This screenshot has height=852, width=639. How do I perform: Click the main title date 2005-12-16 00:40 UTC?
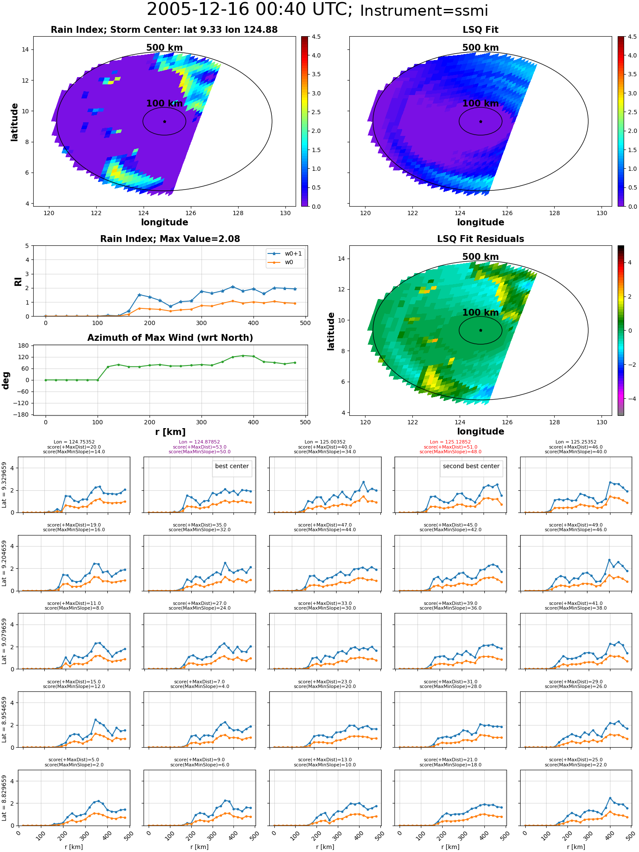tap(249, 9)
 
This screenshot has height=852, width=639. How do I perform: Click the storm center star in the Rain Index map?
tap(164, 121)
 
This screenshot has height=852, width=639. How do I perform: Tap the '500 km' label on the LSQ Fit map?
tap(481, 48)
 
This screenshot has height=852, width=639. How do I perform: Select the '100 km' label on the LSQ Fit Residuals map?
tap(481, 313)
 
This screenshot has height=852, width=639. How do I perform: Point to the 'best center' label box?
tap(232, 466)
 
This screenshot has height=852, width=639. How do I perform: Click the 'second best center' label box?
tap(471, 466)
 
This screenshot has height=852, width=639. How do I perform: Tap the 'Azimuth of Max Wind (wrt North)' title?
tap(170, 338)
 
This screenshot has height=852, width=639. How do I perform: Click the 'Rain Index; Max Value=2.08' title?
tap(170, 239)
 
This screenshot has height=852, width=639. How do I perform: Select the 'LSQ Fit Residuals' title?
tap(481, 239)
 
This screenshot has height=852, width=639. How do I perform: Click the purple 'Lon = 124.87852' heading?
tap(199, 442)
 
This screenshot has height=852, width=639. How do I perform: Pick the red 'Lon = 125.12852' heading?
tap(450, 442)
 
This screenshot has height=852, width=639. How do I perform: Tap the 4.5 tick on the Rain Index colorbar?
tap(316, 37)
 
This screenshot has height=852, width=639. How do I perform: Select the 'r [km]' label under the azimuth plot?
tap(170, 432)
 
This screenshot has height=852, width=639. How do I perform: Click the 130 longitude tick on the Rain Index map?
tap(285, 213)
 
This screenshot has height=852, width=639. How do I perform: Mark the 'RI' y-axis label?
tap(18, 281)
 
